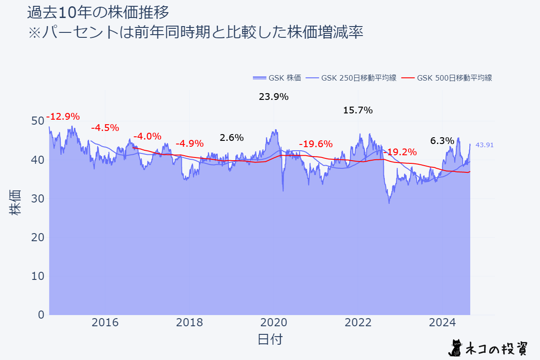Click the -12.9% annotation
click(63, 117)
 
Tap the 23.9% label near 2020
click(274, 97)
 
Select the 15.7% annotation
click(358, 110)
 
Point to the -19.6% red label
click(315, 144)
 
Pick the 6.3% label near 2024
click(442, 141)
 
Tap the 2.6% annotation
click(231, 138)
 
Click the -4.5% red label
click(105, 128)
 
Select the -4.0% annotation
click(147, 136)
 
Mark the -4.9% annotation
click(189, 144)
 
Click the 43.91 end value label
click(485, 145)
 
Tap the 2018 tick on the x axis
click(189, 323)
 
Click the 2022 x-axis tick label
click(358, 323)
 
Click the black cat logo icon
click(457, 347)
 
